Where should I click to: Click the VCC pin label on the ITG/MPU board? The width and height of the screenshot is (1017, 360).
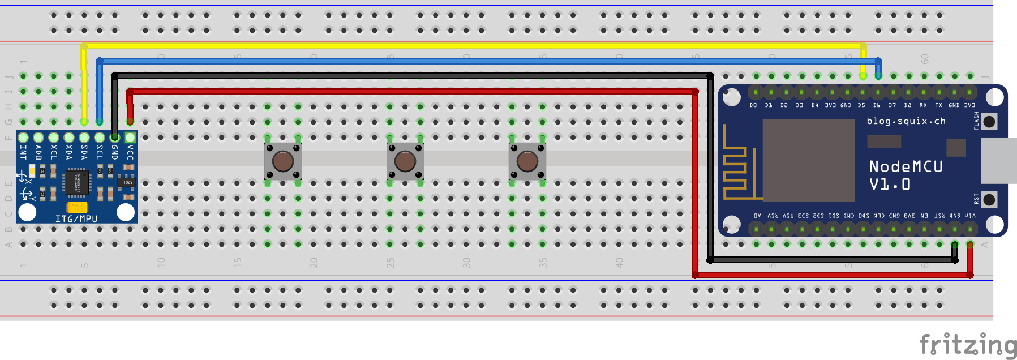pos(130,152)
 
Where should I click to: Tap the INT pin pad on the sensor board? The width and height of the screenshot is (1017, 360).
pos(23,138)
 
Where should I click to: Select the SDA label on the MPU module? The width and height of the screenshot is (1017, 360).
pos(84,152)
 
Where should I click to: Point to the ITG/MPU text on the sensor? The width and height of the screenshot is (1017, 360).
pos(76,218)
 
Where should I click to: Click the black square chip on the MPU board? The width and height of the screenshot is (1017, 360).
pos(76,182)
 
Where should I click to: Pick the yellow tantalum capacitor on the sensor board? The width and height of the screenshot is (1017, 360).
pos(77,207)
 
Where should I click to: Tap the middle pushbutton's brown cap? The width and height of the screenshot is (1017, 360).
pos(405,161)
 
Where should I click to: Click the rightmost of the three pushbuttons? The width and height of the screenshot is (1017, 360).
pos(527,161)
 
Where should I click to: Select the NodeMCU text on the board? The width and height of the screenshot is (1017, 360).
pos(906,166)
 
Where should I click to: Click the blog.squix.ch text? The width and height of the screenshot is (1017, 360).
pos(906,121)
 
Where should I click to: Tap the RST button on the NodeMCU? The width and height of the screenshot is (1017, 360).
pos(989,199)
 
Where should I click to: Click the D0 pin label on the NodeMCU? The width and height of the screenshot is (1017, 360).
pos(753,105)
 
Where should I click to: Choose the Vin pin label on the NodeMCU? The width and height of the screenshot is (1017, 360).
pos(970,216)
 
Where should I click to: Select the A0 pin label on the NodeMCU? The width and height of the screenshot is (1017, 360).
pos(757,216)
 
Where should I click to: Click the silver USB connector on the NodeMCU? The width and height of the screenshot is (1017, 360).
pos(999,160)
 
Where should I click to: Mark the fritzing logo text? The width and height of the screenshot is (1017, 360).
pos(968,345)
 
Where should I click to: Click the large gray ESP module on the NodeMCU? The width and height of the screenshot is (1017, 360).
pos(808,160)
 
